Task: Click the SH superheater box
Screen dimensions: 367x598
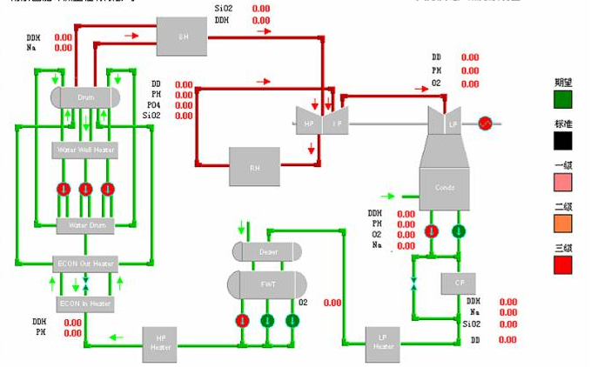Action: coord(182,37)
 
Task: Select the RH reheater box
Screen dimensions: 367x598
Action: coord(254,165)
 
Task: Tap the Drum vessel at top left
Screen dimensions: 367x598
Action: coord(85,97)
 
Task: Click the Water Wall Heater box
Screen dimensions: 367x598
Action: coord(85,150)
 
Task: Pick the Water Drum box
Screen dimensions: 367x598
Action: coord(85,225)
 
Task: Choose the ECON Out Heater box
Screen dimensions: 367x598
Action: coord(85,264)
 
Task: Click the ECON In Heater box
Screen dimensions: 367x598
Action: coord(84,304)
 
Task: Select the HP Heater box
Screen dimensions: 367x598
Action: coord(160,344)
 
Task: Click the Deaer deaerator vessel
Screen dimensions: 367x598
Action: coord(267,252)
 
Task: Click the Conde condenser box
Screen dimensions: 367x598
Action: coord(444,187)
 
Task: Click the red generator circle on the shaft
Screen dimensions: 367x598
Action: coord(486,123)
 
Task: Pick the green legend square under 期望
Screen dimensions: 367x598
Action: coord(564,98)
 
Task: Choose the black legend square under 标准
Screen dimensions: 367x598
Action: coord(564,139)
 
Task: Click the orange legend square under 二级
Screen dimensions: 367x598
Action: coord(564,222)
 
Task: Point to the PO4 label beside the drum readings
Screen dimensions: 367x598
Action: coord(157,104)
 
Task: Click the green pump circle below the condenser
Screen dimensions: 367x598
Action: coord(459,230)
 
